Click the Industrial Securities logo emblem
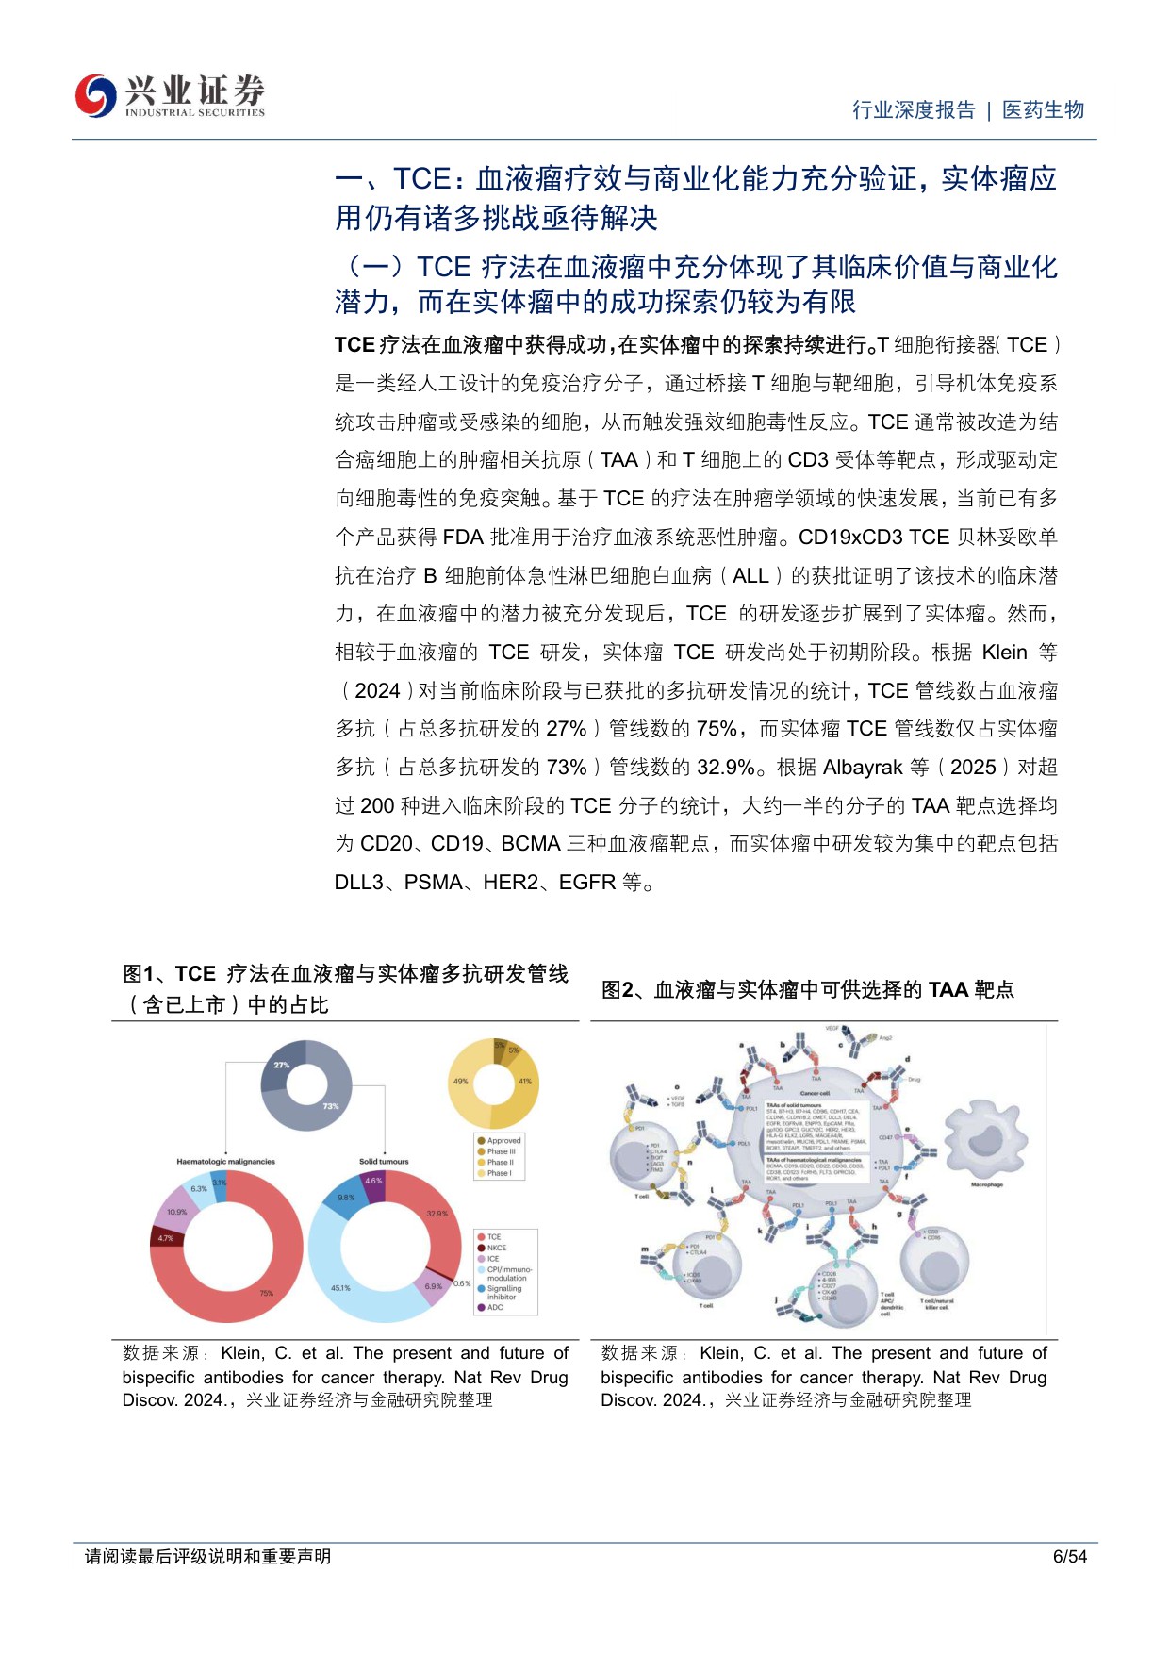pyautogui.click(x=95, y=95)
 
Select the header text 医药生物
pyautogui.click(x=1043, y=110)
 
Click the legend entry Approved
pyautogui.click(x=503, y=1140)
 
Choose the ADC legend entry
pyautogui.click(x=495, y=1307)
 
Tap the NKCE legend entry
pyautogui.click(x=496, y=1248)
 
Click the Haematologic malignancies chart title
pyautogui.click(x=225, y=1162)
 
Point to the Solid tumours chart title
pyautogui.click(x=384, y=1162)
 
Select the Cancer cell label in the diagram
pyautogui.click(x=815, y=1093)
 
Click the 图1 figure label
pyautogui.click(x=139, y=974)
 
